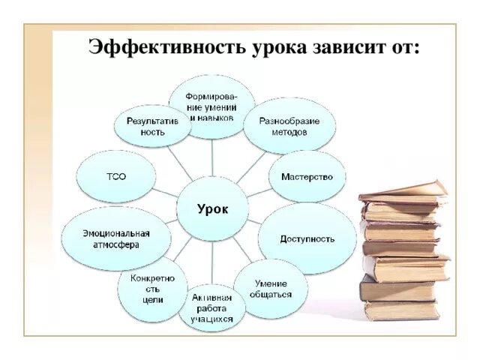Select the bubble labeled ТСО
(x=116, y=177)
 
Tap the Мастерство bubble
(x=307, y=177)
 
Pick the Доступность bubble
(x=307, y=238)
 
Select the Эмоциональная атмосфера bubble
(x=116, y=238)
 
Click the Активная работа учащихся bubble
(x=212, y=307)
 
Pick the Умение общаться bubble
(x=272, y=289)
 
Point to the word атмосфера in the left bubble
(x=116, y=244)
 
